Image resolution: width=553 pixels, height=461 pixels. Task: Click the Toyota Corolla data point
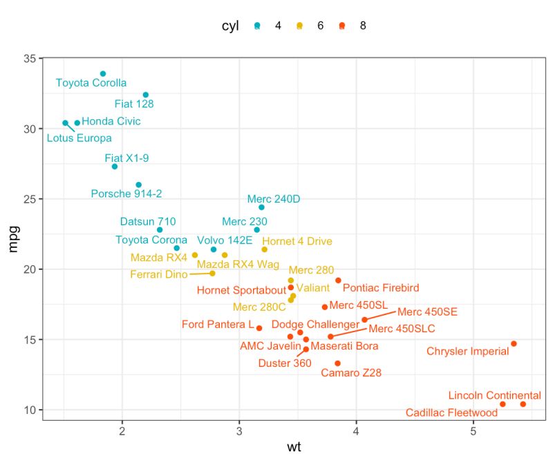pos(103,73)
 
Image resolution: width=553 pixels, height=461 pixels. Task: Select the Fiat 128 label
pos(134,105)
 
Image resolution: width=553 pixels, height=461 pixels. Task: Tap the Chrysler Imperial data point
pos(514,343)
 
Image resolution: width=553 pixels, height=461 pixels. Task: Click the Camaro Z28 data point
pos(337,363)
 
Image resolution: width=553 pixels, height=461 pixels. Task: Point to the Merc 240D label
pos(274,199)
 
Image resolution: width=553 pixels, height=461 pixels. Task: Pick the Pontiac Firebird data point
pos(338,280)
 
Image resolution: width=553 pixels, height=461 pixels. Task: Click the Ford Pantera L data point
pos(259,328)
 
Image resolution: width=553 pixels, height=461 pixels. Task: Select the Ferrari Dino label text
pos(159,275)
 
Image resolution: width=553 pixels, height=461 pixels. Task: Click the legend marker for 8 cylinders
pos(341,26)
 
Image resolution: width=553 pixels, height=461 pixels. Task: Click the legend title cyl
pos(230,26)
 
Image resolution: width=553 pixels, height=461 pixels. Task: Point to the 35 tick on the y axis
pos(30,59)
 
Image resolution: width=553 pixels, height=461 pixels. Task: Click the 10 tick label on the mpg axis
pos(30,410)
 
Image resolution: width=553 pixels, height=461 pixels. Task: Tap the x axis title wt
pos(294,448)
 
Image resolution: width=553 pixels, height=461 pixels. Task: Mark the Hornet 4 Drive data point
pos(264,249)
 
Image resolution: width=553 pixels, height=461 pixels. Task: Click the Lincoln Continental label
pos(494,395)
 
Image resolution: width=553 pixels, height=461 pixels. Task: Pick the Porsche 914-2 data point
pos(139,185)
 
